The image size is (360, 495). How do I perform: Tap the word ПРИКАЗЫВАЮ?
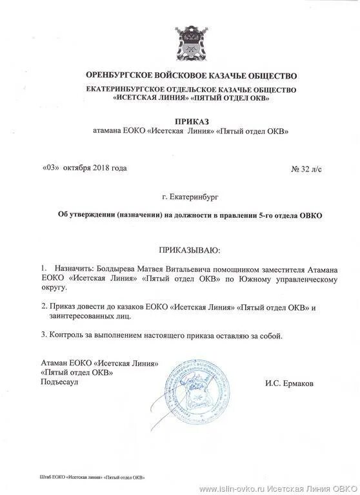[188, 248]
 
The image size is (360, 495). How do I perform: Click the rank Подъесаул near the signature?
[60, 382]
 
